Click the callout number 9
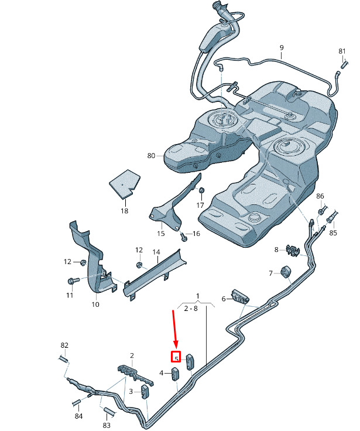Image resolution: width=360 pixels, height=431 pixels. pyautogui.click(x=281, y=47)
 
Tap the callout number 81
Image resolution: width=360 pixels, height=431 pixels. pyautogui.click(x=342, y=52)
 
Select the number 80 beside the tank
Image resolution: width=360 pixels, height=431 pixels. pyautogui.click(x=151, y=156)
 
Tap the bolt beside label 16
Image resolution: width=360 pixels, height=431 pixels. pyautogui.click(x=184, y=237)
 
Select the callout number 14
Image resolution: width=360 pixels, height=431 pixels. pyautogui.click(x=156, y=252)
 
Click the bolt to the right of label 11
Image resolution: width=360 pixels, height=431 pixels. pyautogui.click(x=73, y=281)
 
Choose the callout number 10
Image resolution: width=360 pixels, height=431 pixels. pyautogui.click(x=95, y=305)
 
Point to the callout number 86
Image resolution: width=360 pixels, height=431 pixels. pyautogui.click(x=320, y=196)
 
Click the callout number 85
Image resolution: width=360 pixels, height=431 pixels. pyautogui.click(x=333, y=232)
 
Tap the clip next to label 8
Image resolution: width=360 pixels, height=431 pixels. pyautogui.click(x=292, y=250)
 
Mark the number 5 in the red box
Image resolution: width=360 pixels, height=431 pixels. pyautogui.click(x=176, y=357)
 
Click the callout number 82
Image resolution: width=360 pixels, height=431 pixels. pyautogui.click(x=64, y=345)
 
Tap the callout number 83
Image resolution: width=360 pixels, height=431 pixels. pyautogui.click(x=107, y=425)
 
